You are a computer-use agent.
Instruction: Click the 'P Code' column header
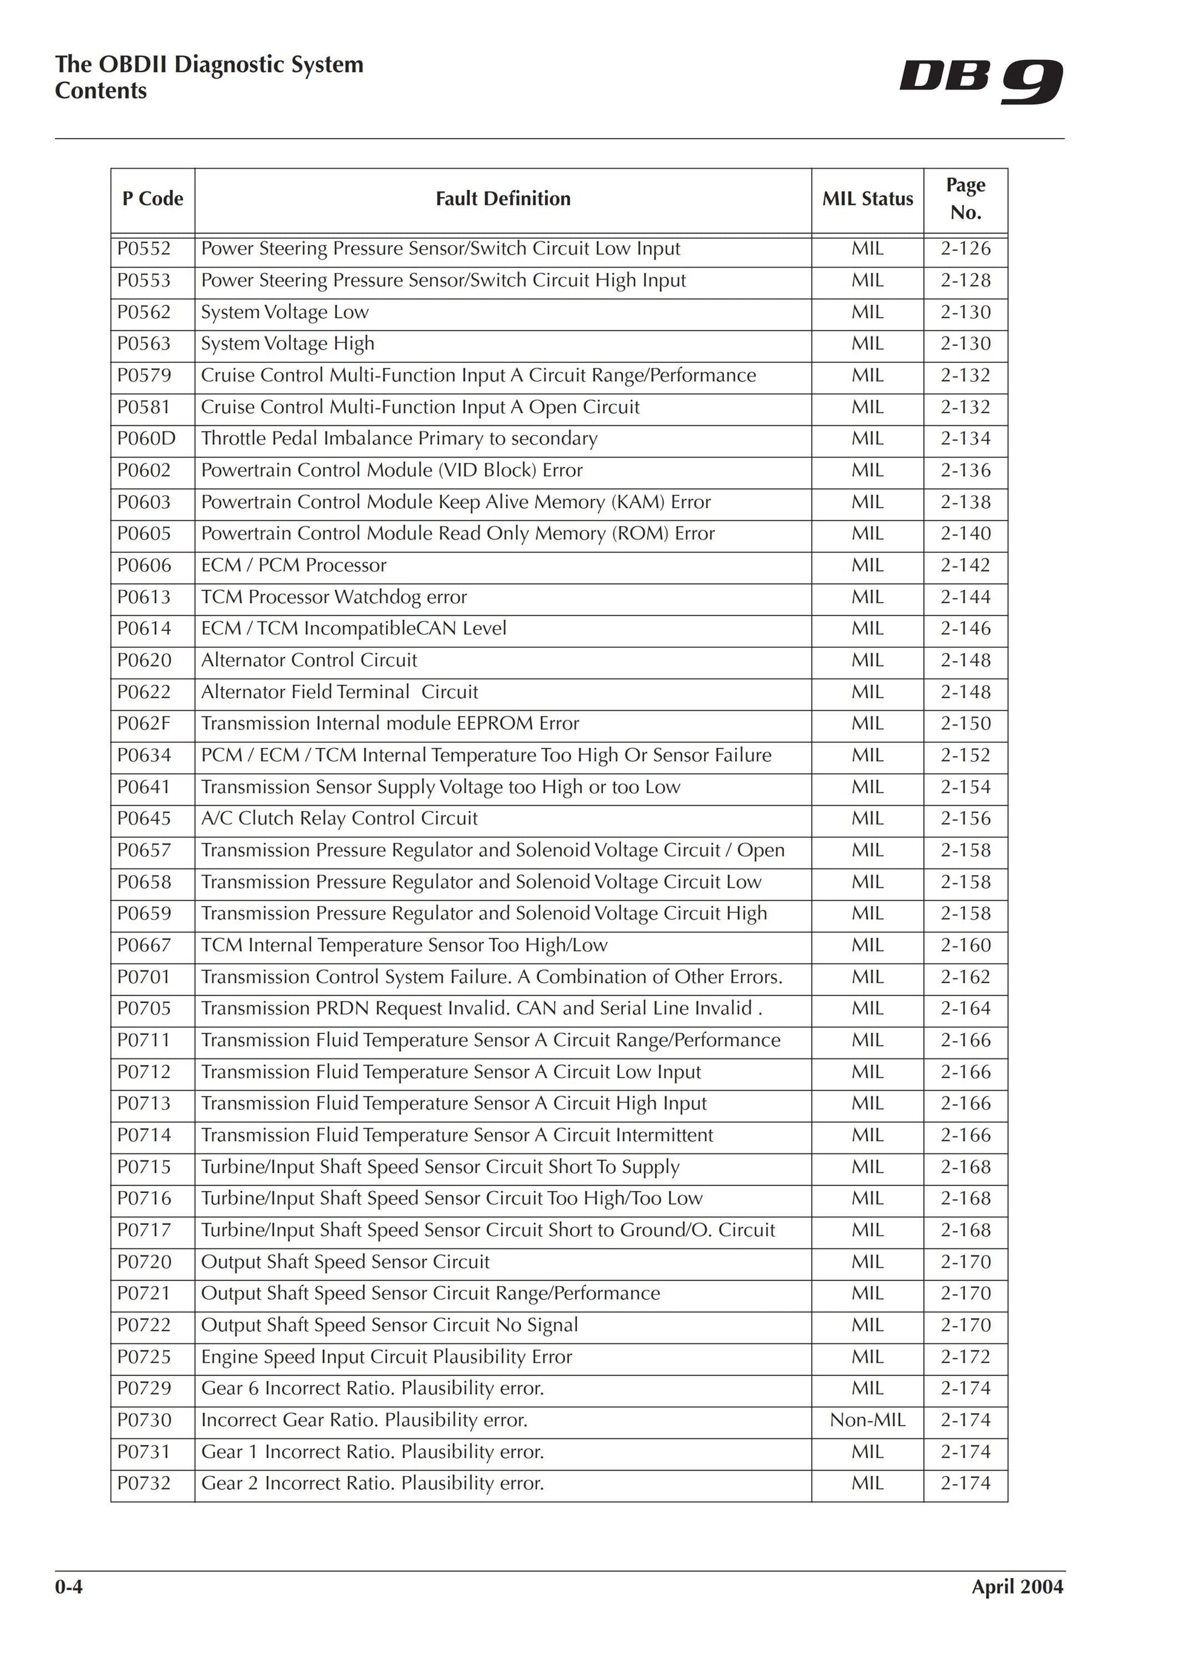point(152,199)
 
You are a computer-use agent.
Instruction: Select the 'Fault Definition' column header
point(503,199)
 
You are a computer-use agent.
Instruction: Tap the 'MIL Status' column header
point(867,199)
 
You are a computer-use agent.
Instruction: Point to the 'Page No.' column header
point(965,199)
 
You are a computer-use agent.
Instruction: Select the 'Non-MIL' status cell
point(867,1419)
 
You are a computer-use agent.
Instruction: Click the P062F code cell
point(145,724)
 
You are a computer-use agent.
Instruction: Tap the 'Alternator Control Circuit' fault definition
point(309,661)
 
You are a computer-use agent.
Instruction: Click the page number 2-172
point(965,1356)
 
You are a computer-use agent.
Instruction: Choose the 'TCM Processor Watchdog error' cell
point(334,597)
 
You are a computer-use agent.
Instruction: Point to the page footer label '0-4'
point(69,1587)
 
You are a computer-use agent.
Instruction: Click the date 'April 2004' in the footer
point(1017,1587)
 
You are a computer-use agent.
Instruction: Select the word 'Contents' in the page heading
point(101,91)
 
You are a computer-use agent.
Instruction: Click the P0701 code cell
point(145,976)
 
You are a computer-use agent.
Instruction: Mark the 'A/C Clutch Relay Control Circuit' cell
point(339,818)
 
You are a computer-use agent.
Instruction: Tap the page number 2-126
point(965,249)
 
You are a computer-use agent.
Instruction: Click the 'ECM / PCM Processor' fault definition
point(294,565)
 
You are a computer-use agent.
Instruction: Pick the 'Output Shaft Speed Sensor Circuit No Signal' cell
point(390,1325)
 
